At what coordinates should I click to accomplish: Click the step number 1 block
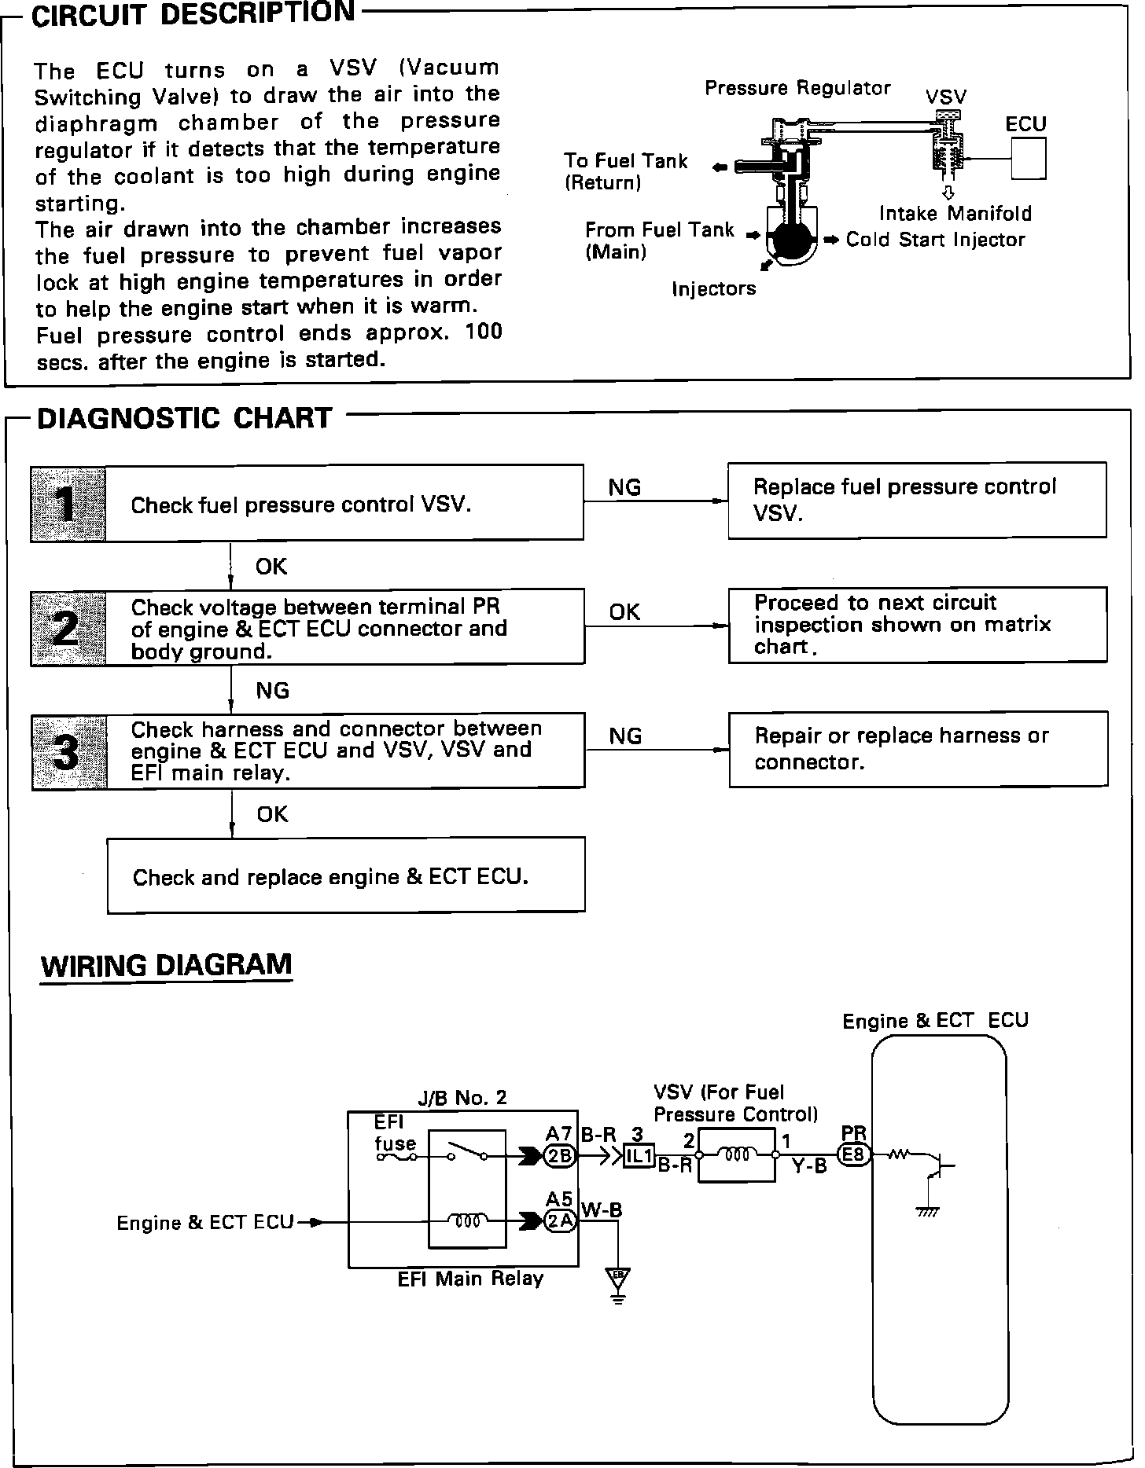(x=68, y=504)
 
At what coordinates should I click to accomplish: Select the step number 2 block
(x=68, y=628)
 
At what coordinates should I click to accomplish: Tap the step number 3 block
(x=69, y=752)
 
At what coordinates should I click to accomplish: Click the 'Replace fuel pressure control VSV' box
(x=917, y=500)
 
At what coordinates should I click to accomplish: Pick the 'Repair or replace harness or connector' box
(x=918, y=749)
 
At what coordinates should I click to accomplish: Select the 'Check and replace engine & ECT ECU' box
(x=346, y=875)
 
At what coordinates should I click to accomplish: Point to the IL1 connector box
(x=639, y=1156)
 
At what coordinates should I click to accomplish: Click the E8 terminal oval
(x=854, y=1155)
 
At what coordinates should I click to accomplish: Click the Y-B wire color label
(x=809, y=1166)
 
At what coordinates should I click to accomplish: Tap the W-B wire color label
(x=602, y=1210)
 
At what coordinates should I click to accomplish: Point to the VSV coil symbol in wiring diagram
(x=736, y=1154)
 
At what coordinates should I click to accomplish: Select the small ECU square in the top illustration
(x=1027, y=158)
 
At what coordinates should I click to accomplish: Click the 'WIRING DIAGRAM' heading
(x=166, y=964)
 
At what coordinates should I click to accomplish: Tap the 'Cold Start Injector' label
(x=935, y=240)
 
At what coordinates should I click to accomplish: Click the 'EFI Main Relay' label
(x=470, y=1279)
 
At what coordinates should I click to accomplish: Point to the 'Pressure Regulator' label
(x=797, y=87)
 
